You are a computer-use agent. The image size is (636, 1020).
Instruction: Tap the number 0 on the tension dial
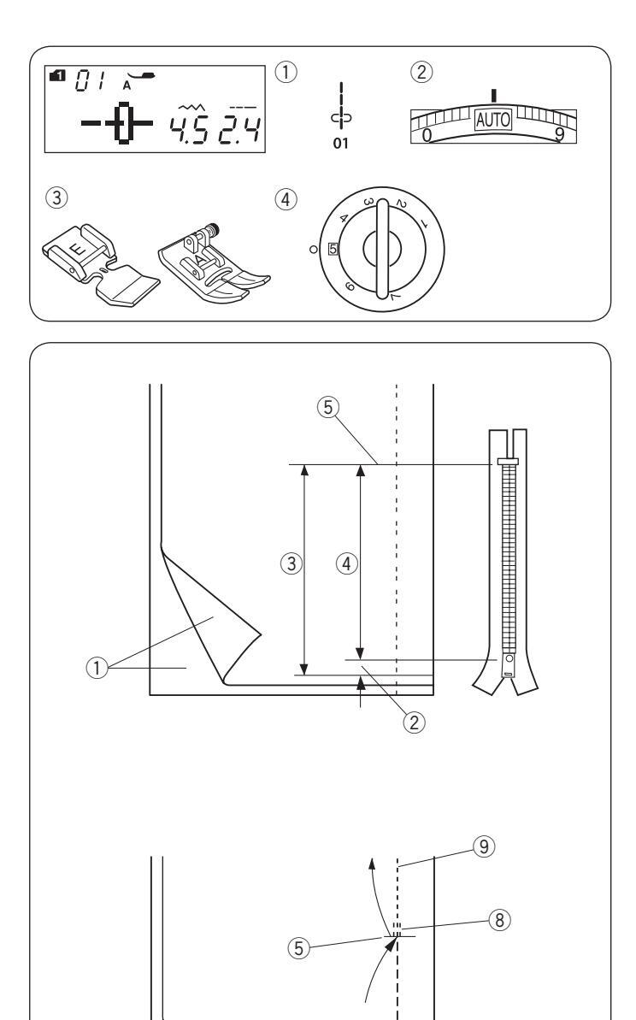(x=427, y=136)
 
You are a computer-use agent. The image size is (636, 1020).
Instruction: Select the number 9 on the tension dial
(x=556, y=136)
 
